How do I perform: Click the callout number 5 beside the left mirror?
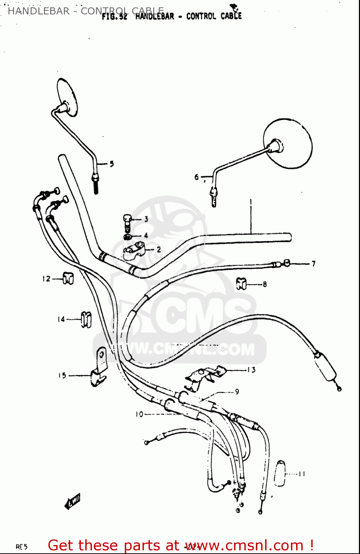pyautogui.click(x=112, y=164)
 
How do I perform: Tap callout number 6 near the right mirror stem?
pyautogui.click(x=197, y=177)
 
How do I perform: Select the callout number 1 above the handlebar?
pyautogui.click(x=251, y=203)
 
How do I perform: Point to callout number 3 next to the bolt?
pyautogui.click(x=146, y=219)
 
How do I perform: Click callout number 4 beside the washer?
pyautogui.click(x=146, y=235)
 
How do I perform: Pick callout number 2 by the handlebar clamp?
pyautogui.click(x=159, y=250)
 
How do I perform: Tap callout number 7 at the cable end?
pyautogui.click(x=313, y=264)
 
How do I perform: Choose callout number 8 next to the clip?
pyautogui.click(x=265, y=284)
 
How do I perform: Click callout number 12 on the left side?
pyautogui.click(x=46, y=279)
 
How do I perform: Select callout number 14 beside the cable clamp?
pyautogui.click(x=61, y=319)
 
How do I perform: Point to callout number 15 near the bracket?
pyautogui.click(x=62, y=376)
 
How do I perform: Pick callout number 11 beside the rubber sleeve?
pyautogui.click(x=302, y=474)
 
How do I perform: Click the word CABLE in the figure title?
pyautogui.click(x=231, y=16)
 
